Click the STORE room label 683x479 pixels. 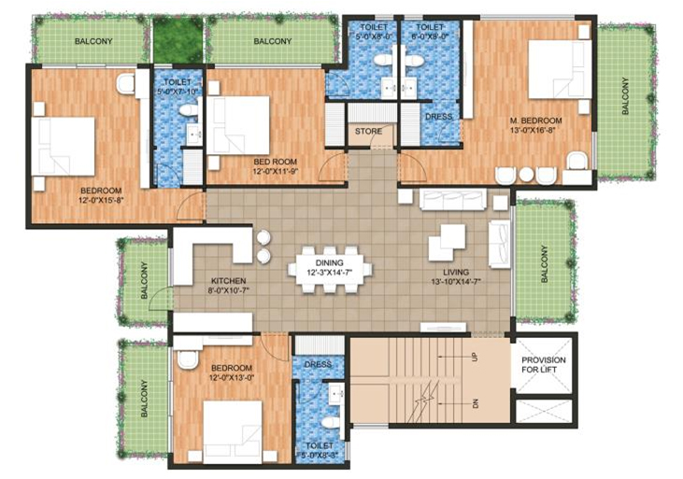(369, 132)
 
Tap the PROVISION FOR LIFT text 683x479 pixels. (544, 366)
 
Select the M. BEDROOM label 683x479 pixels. (535, 121)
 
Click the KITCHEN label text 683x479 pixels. (227, 280)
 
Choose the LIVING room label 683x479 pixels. (455, 270)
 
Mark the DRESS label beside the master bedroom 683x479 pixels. (439, 118)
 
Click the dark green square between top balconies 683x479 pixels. (178, 40)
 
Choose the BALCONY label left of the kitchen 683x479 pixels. (145, 280)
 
